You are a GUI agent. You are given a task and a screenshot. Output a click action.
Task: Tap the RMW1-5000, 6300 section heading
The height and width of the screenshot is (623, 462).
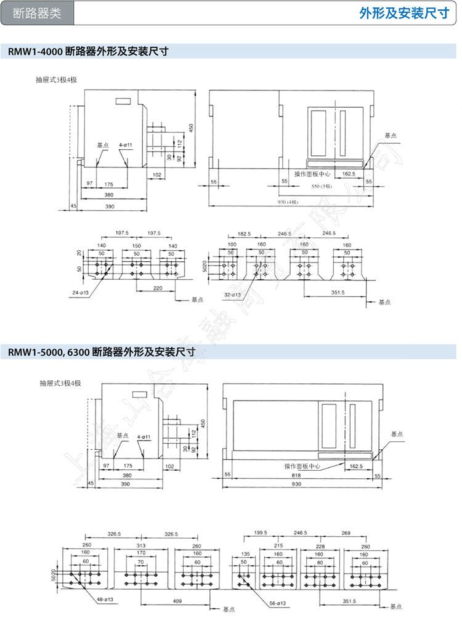(x=102, y=352)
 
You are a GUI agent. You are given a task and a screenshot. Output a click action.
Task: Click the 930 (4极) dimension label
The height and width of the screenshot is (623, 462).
(x=288, y=202)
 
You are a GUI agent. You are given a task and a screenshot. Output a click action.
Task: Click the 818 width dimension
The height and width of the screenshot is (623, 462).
(x=297, y=475)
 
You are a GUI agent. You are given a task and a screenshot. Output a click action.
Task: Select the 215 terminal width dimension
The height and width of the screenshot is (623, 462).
(x=278, y=545)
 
